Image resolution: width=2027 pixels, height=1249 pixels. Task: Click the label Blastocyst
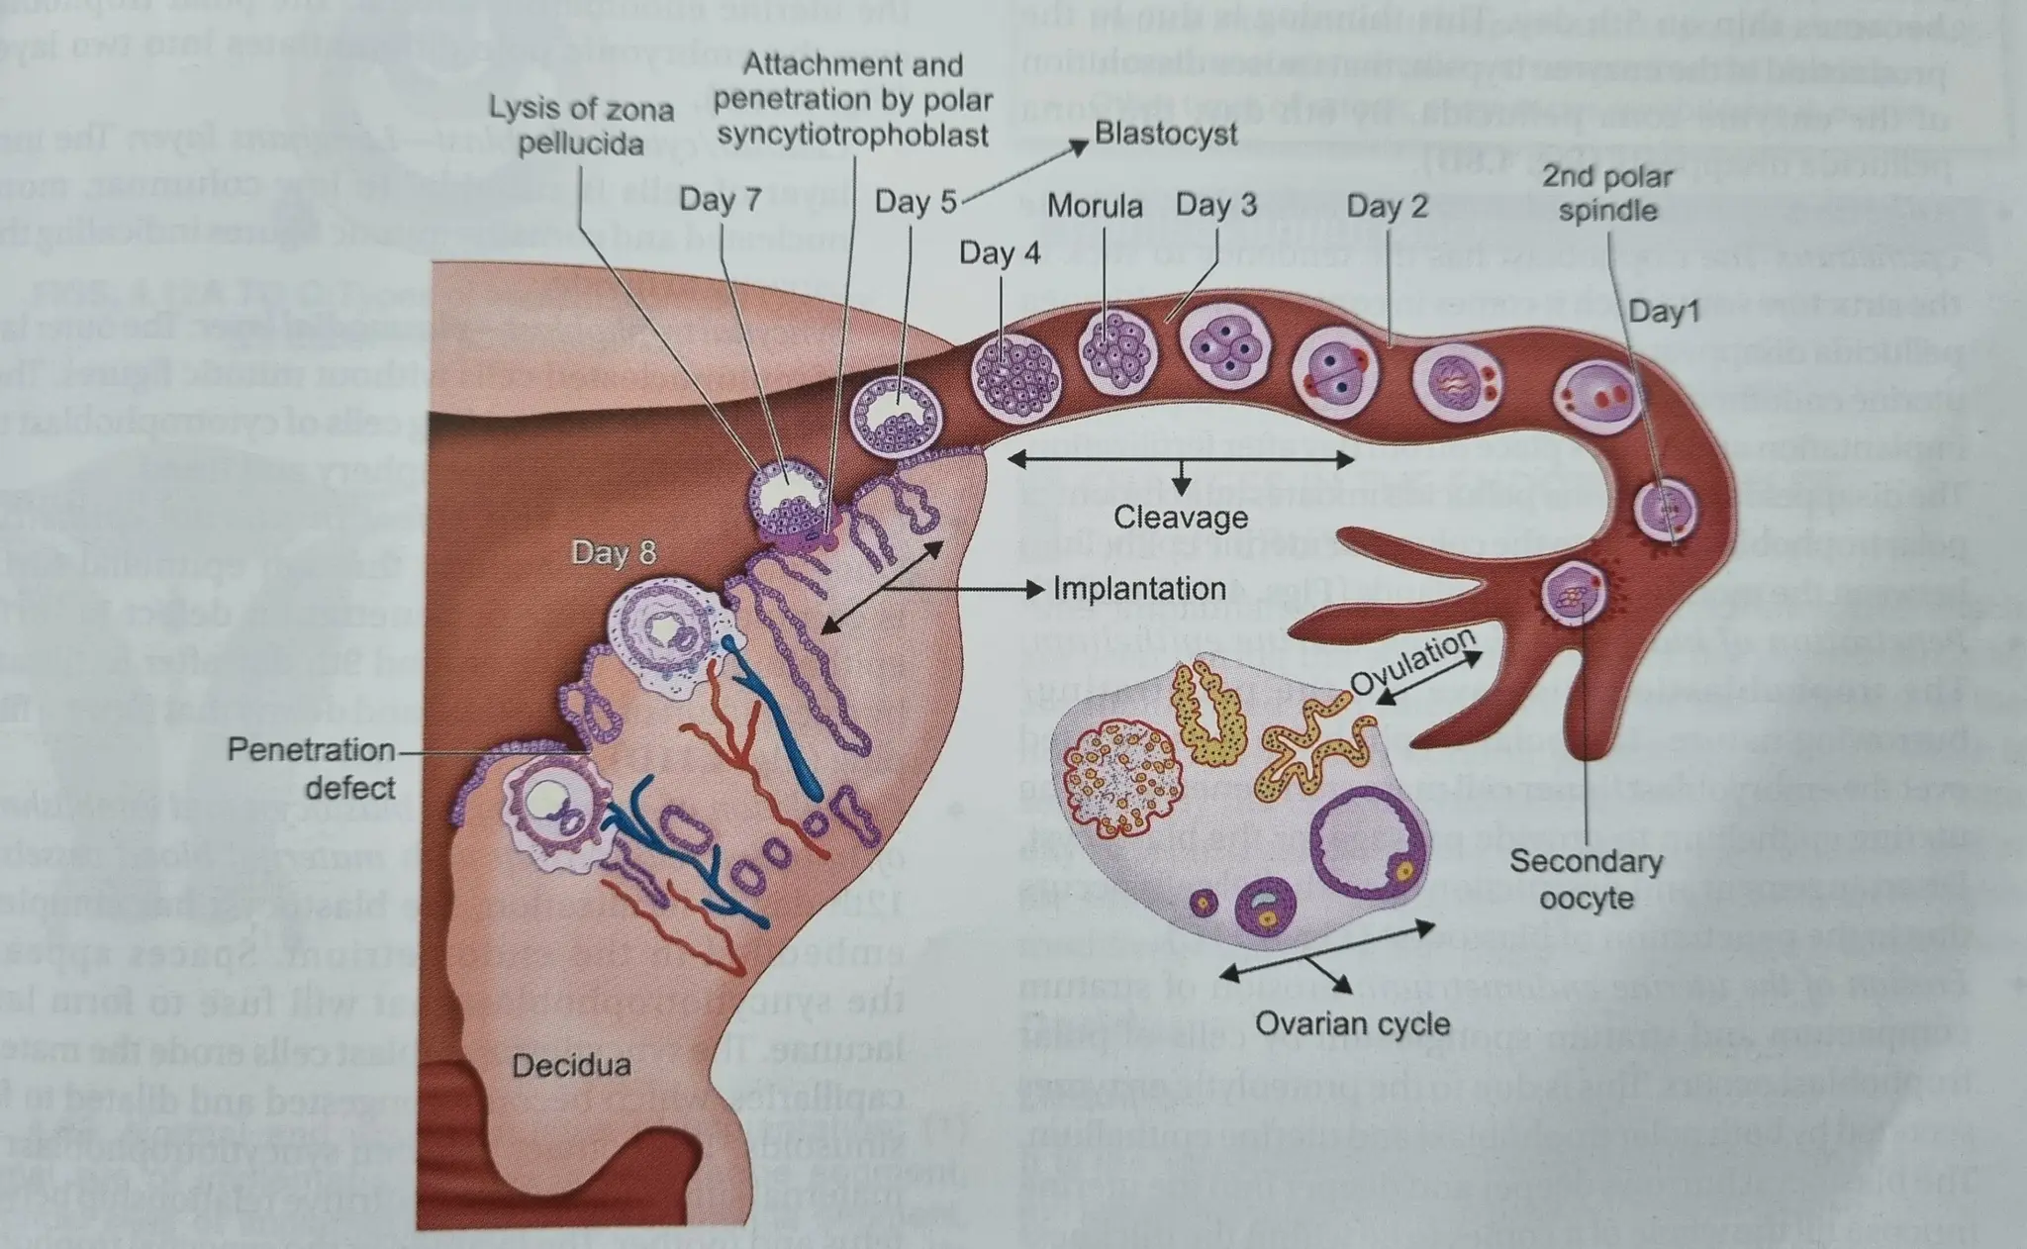click(x=1165, y=135)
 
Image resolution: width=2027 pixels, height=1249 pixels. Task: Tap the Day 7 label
click(x=720, y=200)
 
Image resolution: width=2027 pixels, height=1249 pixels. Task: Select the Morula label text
click(x=1094, y=206)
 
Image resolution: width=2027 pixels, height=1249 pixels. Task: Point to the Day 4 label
click(x=999, y=252)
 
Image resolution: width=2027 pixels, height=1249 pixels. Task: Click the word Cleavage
click(x=1180, y=517)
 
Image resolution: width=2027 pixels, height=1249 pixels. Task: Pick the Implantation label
click(x=1138, y=589)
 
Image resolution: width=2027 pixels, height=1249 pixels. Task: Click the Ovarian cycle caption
click(x=1352, y=1023)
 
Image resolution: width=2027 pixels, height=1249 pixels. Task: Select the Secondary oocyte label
click(x=1586, y=879)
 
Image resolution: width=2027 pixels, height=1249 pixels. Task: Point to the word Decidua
click(x=571, y=1066)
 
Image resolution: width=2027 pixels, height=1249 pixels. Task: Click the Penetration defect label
click(x=312, y=768)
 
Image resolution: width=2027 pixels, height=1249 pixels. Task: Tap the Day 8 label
click(x=613, y=552)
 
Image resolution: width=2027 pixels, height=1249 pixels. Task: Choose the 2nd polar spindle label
click(x=1606, y=193)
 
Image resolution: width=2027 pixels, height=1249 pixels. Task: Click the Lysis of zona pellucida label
click(x=581, y=126)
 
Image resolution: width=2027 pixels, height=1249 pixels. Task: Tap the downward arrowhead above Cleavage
click(x=1180, y=487)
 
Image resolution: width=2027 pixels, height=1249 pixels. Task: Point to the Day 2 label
click(x=1387, y=206)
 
